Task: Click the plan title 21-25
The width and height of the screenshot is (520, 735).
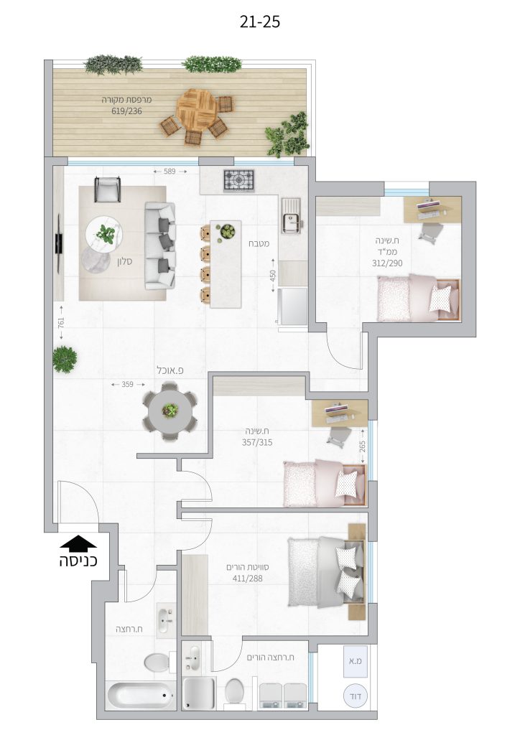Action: (260, 22)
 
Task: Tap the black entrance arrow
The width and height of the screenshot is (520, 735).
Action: (78, 543)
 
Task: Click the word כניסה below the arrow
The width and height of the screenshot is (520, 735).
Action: (78, 561)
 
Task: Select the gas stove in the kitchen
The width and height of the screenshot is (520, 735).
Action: (238, 180)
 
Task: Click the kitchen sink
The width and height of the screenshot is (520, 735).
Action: (291, 215)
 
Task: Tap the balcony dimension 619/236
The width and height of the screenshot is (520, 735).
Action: (126, 111)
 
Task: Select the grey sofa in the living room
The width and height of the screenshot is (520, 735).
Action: (160, 245)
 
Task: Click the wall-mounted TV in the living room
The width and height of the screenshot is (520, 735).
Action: (59, 241)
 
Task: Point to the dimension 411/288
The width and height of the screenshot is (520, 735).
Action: (248, 579)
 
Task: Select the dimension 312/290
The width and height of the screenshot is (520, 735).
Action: (387, 263)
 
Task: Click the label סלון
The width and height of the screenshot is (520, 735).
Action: (124, 261)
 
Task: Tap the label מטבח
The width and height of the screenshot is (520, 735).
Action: (259, 244)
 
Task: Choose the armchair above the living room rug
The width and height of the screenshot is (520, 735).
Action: (107, 189)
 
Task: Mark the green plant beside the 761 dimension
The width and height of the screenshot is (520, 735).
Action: (65, 360)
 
